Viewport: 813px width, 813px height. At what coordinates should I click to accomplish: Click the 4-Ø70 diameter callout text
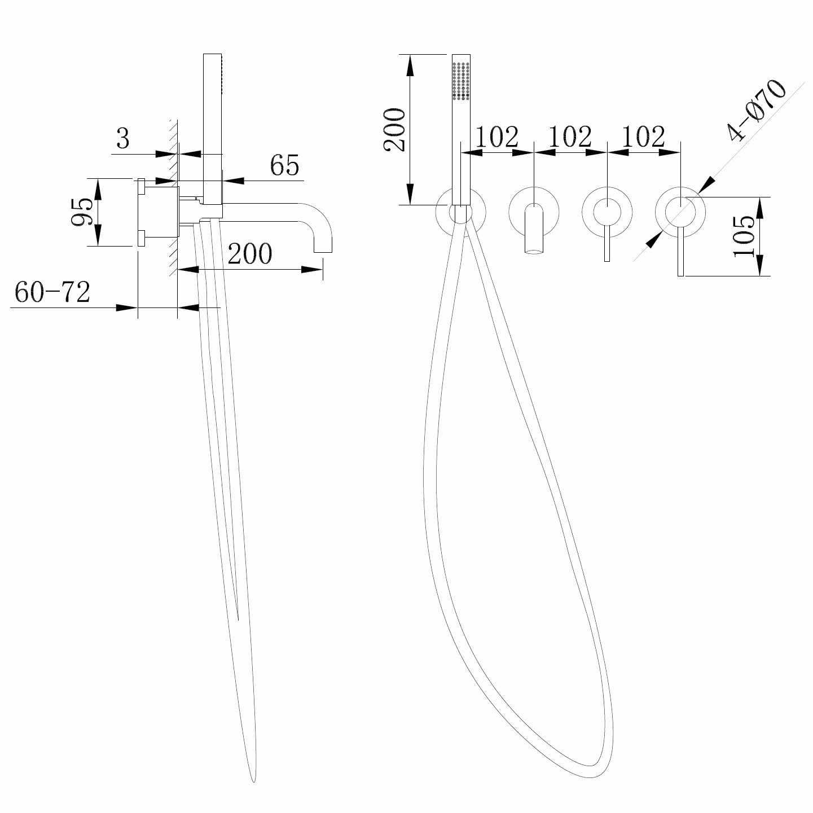[757, 110]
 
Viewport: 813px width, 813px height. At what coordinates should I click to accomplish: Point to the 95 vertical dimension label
[82, 213]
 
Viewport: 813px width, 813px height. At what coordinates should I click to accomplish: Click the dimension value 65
[284, 165]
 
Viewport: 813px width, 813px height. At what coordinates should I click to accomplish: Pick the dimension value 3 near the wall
[122, 139]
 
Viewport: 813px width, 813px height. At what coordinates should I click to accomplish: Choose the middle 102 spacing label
[570, 137]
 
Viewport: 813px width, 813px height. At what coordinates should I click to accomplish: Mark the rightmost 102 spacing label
[643, 137]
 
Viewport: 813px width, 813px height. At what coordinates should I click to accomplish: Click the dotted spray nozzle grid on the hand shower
[462, 82]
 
